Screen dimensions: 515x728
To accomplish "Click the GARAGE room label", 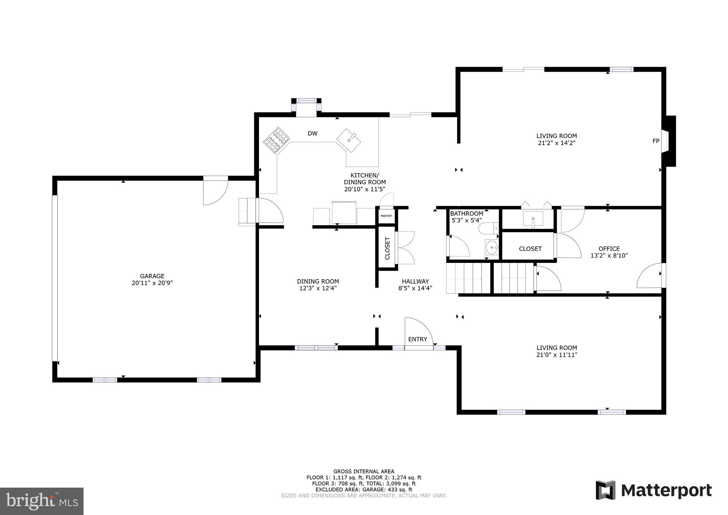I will [x=152, y=276].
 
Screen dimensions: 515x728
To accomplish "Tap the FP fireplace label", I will [x=656, y=141].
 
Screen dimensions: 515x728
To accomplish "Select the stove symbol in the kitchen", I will [x=277, y=140].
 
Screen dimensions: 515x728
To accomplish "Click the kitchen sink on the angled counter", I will [x=349, y=140].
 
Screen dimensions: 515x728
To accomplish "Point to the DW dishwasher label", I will [x=312, y=134].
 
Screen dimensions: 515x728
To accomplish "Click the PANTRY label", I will [x=386, y=216].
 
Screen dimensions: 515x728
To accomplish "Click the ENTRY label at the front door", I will [x=417, y=339].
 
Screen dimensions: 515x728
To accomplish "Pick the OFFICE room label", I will [x=609, y=249].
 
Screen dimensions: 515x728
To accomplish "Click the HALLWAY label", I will [x=415, y=281].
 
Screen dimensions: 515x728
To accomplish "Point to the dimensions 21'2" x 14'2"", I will [x=556, y=143].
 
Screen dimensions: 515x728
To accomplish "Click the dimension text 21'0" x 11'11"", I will [x=557, y=355].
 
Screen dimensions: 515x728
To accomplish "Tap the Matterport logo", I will [x=653, y=490].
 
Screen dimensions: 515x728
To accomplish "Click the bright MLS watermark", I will [x=42, y=501].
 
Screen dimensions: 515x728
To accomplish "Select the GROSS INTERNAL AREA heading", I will [x=363, y=472].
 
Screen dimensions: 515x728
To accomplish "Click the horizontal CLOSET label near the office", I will [x=530, y=249].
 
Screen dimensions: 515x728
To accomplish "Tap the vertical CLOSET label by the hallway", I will [x=387, y=248].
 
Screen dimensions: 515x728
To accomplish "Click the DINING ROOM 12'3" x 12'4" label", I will [x=318, y=285].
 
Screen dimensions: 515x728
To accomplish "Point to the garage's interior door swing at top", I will [x=215, y=193].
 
